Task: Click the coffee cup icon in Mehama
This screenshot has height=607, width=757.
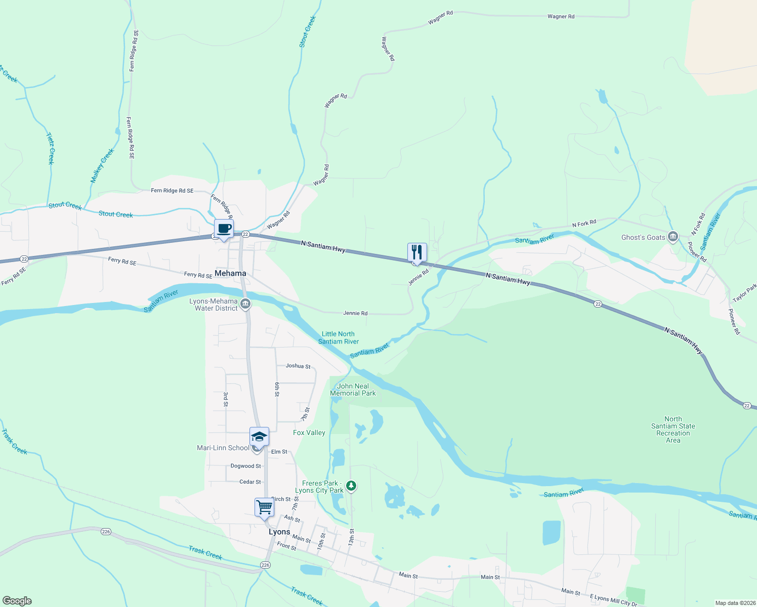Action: tap(224, 228)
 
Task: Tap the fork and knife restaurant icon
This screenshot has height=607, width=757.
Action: tap(417, 252)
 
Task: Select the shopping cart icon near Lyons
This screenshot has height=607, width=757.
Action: tap(264, 507)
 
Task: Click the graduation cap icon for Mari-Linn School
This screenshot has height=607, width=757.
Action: tap(259, 437)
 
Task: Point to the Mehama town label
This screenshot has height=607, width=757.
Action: tap(230, 273)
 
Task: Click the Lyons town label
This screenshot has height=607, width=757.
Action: tap(279, 532)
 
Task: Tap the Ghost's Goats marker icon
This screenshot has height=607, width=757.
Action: tap(673, 237)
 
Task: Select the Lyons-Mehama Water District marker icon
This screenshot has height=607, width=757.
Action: tap(245, 304)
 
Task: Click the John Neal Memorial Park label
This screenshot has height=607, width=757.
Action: tap(353, 389)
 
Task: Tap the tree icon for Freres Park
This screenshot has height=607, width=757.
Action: tap(351, 486)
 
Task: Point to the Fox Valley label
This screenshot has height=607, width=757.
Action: tap(309, 432)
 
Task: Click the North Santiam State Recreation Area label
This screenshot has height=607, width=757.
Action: tap(673, 429)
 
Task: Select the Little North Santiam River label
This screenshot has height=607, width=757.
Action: tap(338, 337)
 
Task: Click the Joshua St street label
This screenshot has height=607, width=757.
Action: tap(298, 366)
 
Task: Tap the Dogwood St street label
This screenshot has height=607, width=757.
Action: tap(245, 466)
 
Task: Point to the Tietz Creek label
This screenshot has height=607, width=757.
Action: tap(50, 148)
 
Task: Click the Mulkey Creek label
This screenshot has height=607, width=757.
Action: tap(102, 165)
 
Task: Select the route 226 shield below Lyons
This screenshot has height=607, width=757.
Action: tap(266, 565)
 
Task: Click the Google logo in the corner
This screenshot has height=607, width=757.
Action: tap(17, 600)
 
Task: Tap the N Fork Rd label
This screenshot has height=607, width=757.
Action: tap(584, 223)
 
